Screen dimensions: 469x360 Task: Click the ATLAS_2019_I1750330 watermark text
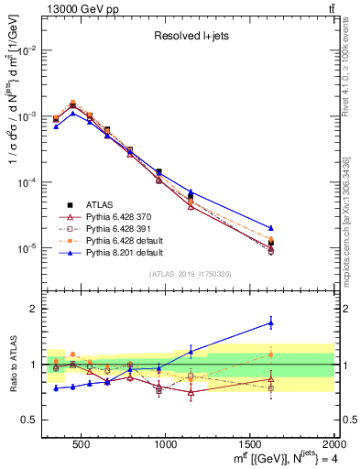[190, 273]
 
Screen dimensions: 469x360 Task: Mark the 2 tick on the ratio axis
[35, 309]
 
